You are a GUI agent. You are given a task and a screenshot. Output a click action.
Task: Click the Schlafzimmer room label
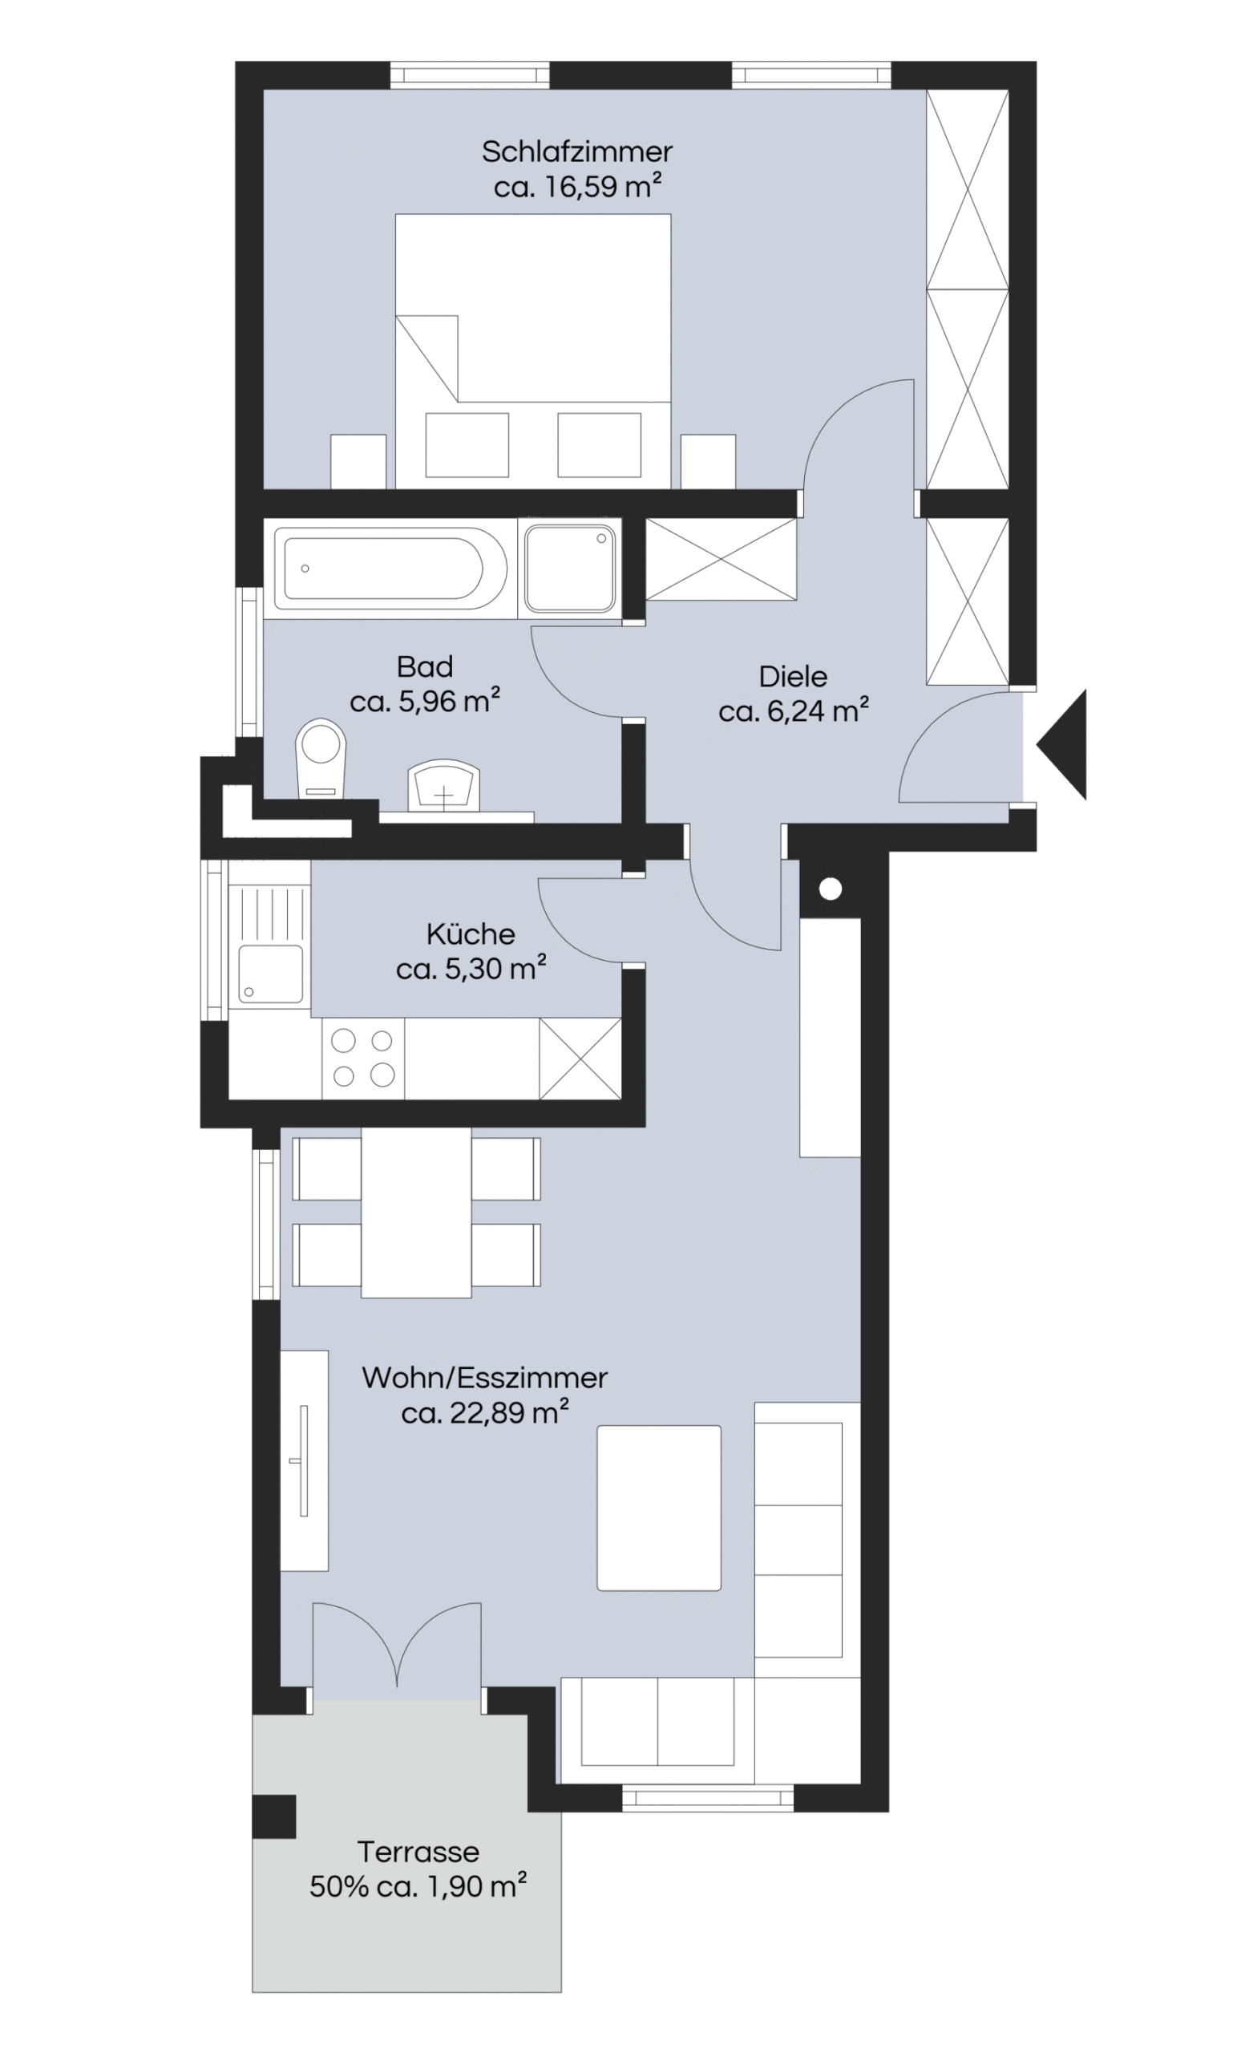point(576,152)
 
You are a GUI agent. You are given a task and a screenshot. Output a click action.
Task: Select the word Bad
point(425,666)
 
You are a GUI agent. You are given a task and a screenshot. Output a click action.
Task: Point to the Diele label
point(793,677)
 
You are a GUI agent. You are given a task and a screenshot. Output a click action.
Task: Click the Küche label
point(471,933)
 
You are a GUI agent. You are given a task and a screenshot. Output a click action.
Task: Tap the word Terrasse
point(418,1852)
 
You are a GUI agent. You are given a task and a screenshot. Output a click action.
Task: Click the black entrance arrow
point(1061,744)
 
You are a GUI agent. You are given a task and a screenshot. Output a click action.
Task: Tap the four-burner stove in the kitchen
point(363,1057)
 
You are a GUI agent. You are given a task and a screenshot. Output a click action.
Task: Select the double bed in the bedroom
point(533,350)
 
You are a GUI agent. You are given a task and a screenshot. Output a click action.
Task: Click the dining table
point(416,1213)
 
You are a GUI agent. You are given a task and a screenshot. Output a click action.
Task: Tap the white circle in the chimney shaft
point(831,889)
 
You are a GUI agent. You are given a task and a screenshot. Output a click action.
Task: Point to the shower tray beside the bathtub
point(571,569)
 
